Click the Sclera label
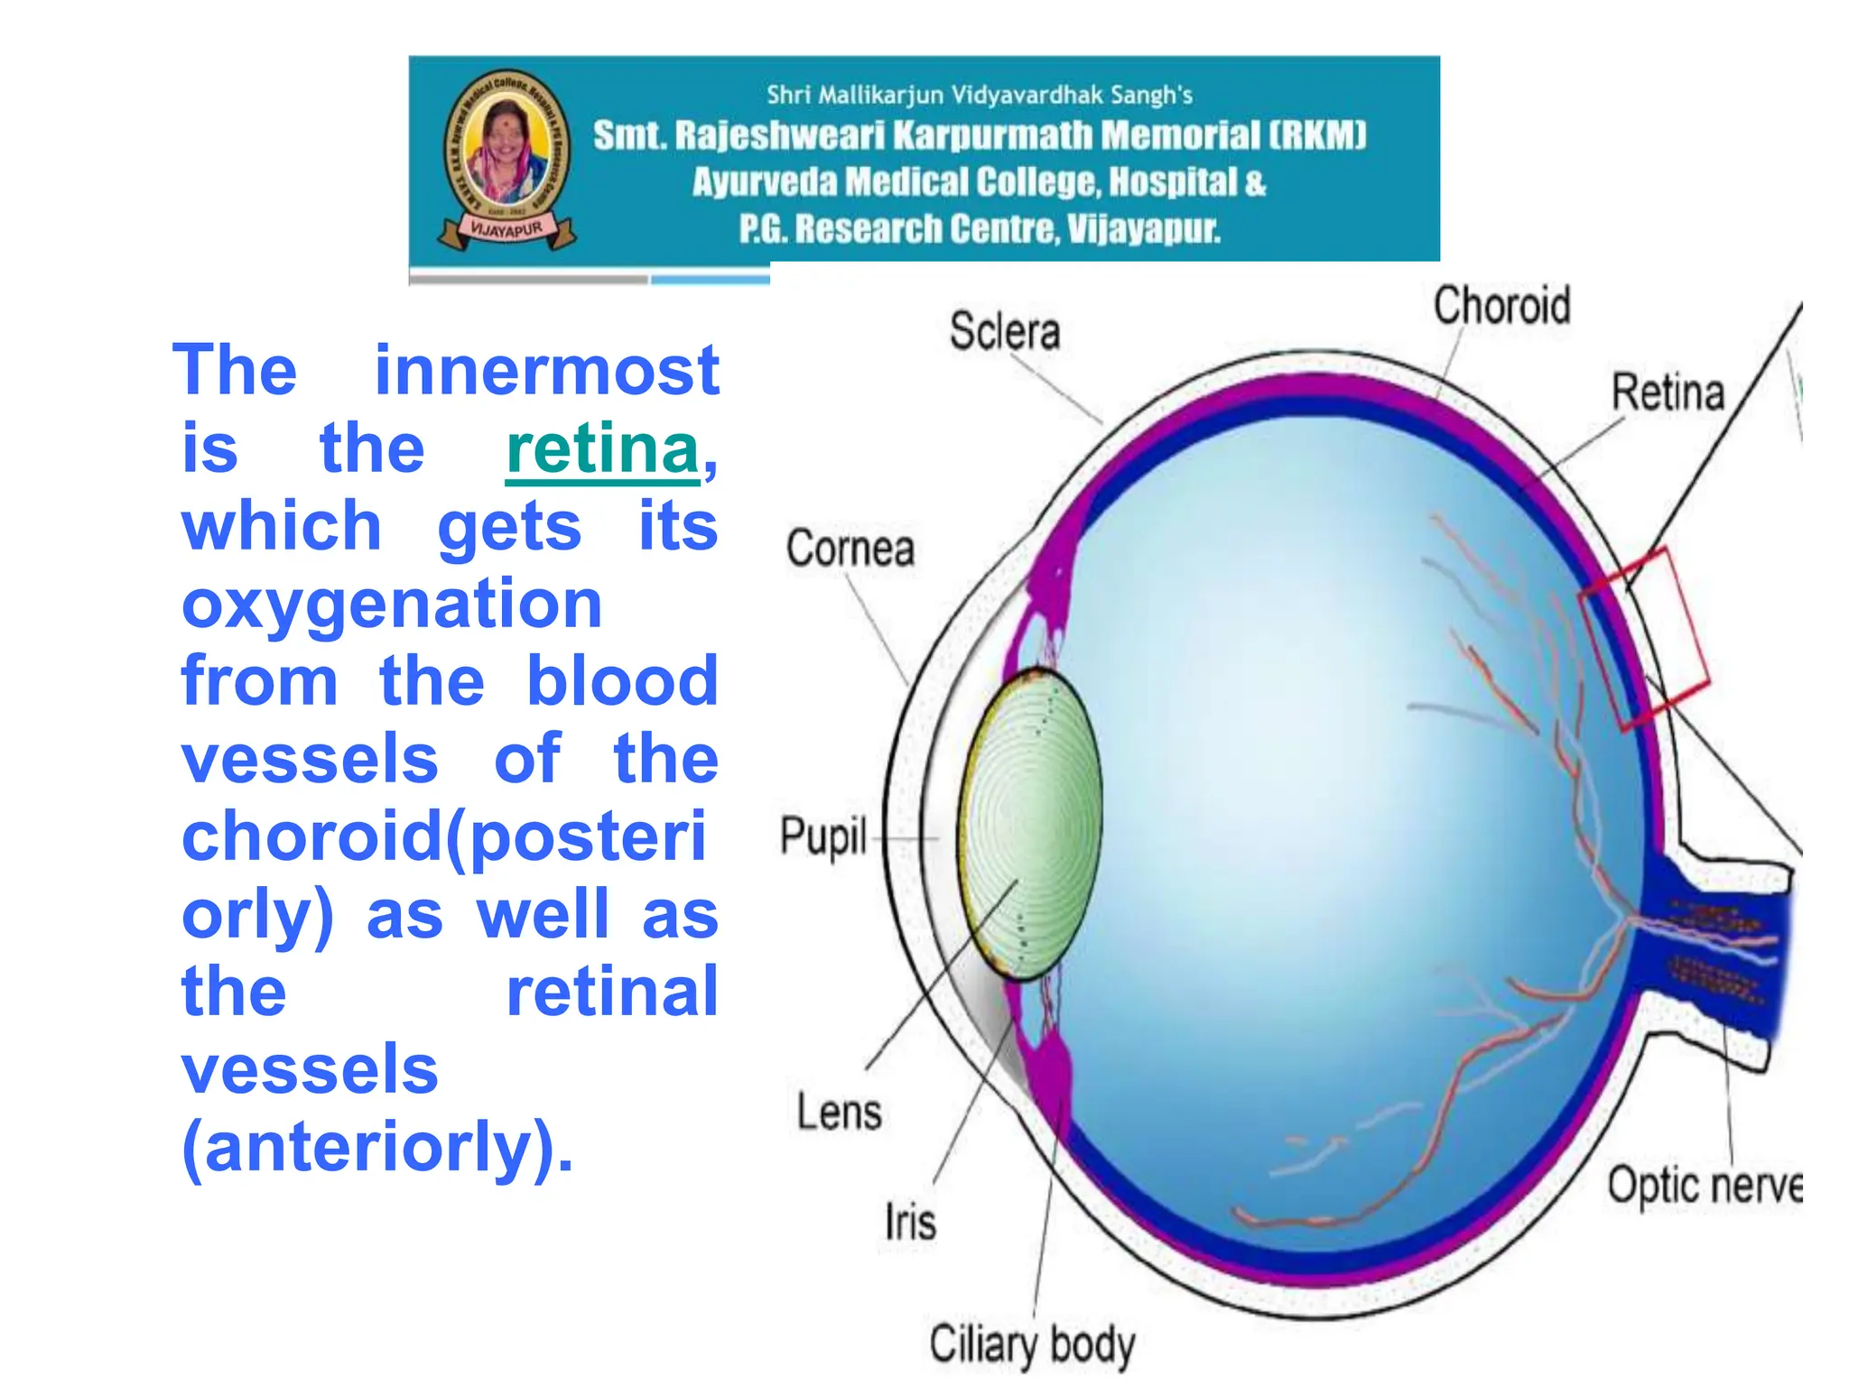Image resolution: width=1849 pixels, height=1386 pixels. click(x=1004, y=331)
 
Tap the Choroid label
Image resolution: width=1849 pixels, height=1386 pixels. click(x=1501, y=305)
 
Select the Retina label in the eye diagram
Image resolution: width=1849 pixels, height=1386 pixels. click(x=1668, y=393)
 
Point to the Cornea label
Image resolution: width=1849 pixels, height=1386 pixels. click(x=850, y=549)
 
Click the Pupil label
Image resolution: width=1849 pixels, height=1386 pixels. click(x=822, y=836)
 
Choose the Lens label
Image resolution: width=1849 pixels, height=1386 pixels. click(x=839, y=1112)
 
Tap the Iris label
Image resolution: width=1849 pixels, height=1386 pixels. click(x=910, y=1224)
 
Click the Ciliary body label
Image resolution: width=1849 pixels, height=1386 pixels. click(x=1031, y=1344)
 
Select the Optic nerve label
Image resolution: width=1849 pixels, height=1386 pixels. click(x=1703, y=1186)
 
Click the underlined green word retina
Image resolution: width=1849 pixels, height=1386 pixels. click(x=602, y=449)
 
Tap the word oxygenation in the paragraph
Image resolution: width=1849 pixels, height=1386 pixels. click(x=392, y=604)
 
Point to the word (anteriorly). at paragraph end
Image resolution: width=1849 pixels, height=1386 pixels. click(x=377, y=1147)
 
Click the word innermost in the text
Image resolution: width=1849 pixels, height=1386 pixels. click(x=546, y=371)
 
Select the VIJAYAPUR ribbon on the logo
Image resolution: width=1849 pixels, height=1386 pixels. click(x=506, y=230)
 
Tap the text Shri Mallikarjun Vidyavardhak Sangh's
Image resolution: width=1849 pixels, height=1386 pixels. click(x=979, y=95)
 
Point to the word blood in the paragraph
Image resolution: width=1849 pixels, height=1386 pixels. click(x=622, y=681)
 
